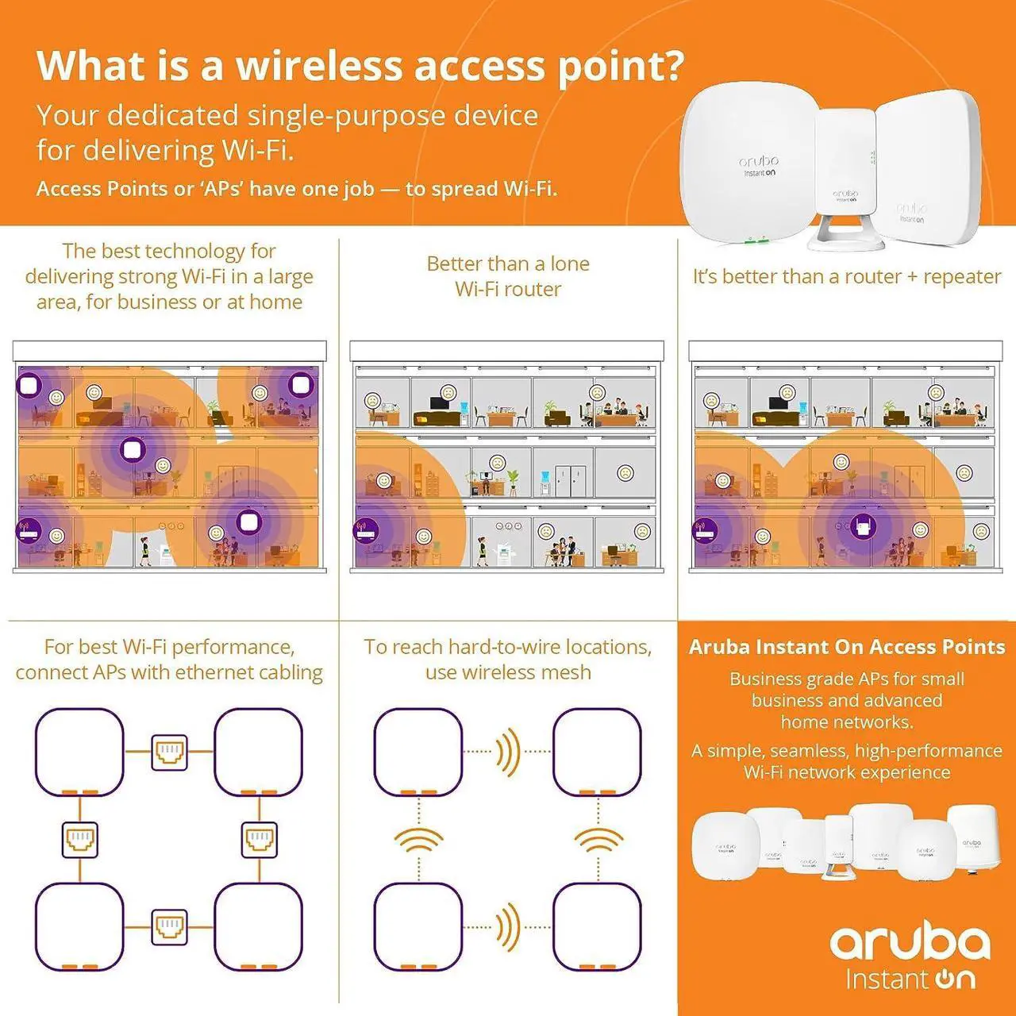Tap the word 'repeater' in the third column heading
[962, 276]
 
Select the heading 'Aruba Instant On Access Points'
[847, 647]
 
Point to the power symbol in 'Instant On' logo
[944, 979]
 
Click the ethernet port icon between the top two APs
[169, 752]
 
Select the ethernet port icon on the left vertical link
[80, 839]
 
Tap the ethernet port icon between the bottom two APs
[169, 926]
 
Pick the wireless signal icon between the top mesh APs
[507, 752]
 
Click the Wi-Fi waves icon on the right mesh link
[598, 840]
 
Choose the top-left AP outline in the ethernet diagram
[80, 752]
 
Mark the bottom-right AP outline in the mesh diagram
[597, 926]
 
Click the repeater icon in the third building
[863, 525]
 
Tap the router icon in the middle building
[366, 529]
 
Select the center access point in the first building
[132, 451]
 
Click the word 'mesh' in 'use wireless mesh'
[566, 672]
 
